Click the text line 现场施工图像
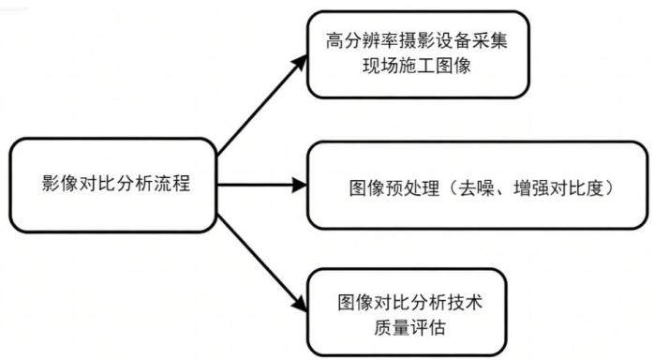point(417,67)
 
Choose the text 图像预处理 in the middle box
point(394,188)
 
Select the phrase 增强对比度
point(559,188)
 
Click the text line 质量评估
point(409,328)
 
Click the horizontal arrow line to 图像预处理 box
point(262,185)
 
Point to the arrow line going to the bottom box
point(262,263)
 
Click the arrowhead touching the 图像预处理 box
point(300,185)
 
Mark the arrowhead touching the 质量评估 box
point(301,304)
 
